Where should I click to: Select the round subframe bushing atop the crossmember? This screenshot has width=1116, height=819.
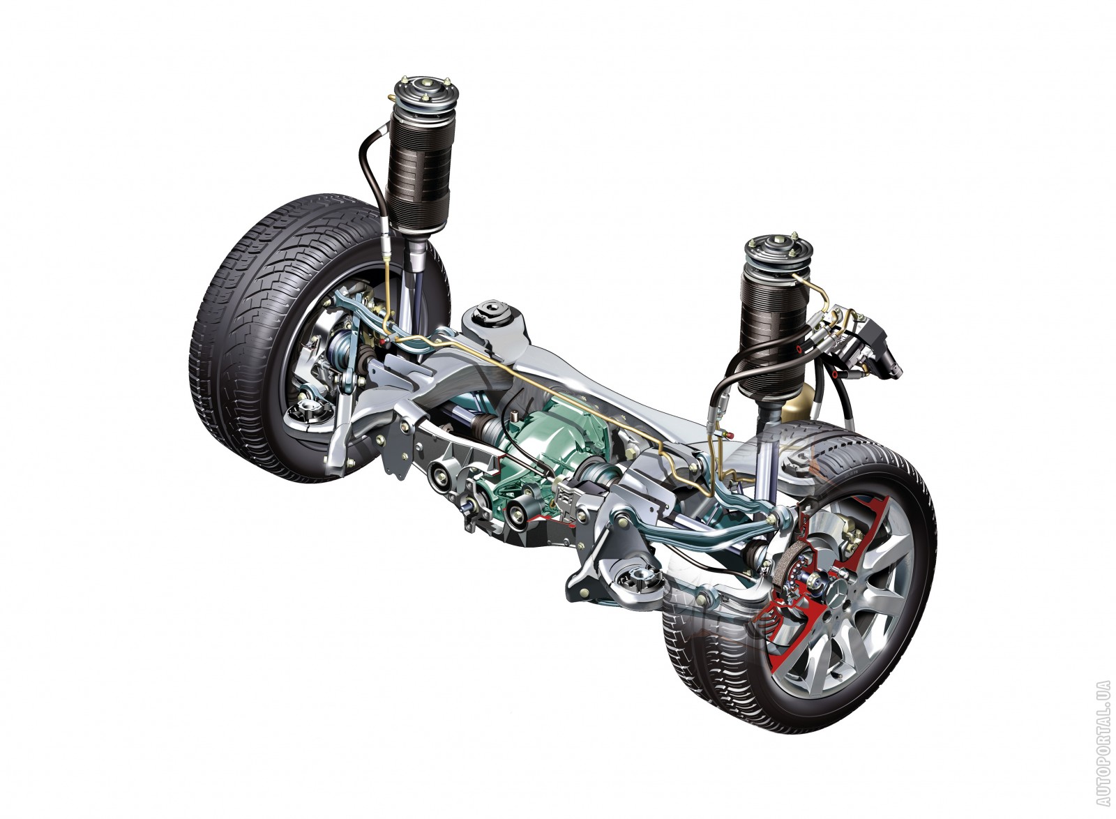coord(492,314)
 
